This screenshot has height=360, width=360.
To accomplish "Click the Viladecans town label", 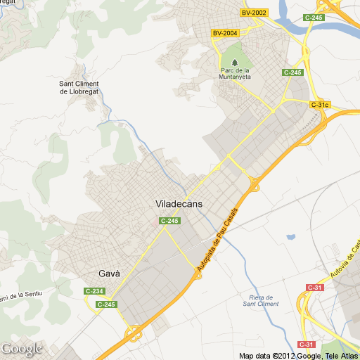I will (x=179, y=204).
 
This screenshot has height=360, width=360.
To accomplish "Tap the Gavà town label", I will (x=109, y=274).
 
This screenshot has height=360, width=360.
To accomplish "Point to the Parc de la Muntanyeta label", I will (x=235, y=74).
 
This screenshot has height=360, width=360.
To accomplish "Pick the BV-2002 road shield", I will (x=254, y=13).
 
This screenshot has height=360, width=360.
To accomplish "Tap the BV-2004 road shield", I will (x=224, y=32).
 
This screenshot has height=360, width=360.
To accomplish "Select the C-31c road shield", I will (x=320, y=105).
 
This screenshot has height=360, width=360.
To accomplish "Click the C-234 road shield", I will (x=94, y=291).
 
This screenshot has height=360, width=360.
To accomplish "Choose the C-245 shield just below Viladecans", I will (x=170, y=221).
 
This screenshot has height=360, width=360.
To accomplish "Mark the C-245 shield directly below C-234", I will (x=106, y=304).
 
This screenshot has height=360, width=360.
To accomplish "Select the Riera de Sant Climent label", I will (x=260, y=300).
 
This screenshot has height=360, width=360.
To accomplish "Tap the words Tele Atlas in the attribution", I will (x=341, y=355).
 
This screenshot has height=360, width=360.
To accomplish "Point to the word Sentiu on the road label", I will (x=32, y=292).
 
